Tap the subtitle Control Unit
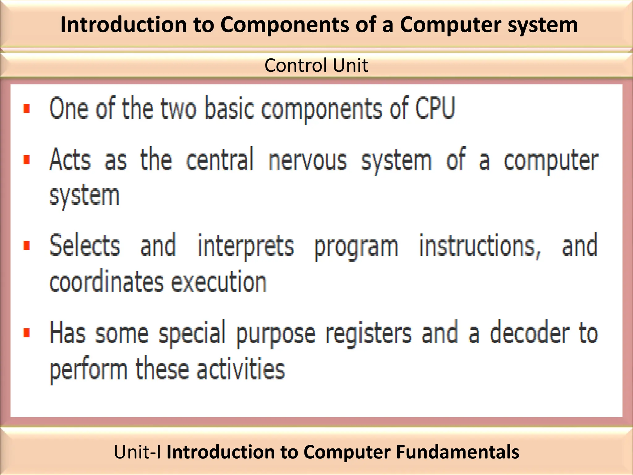(316, 65)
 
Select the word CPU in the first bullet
(435, 108)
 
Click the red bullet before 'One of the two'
(27, 109)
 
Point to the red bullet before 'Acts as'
(27, 160)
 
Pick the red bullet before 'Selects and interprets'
(27, 246)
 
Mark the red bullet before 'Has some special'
(27, 333)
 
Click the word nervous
(308, 160)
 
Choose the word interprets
(245, 246)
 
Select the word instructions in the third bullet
(480, 246)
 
